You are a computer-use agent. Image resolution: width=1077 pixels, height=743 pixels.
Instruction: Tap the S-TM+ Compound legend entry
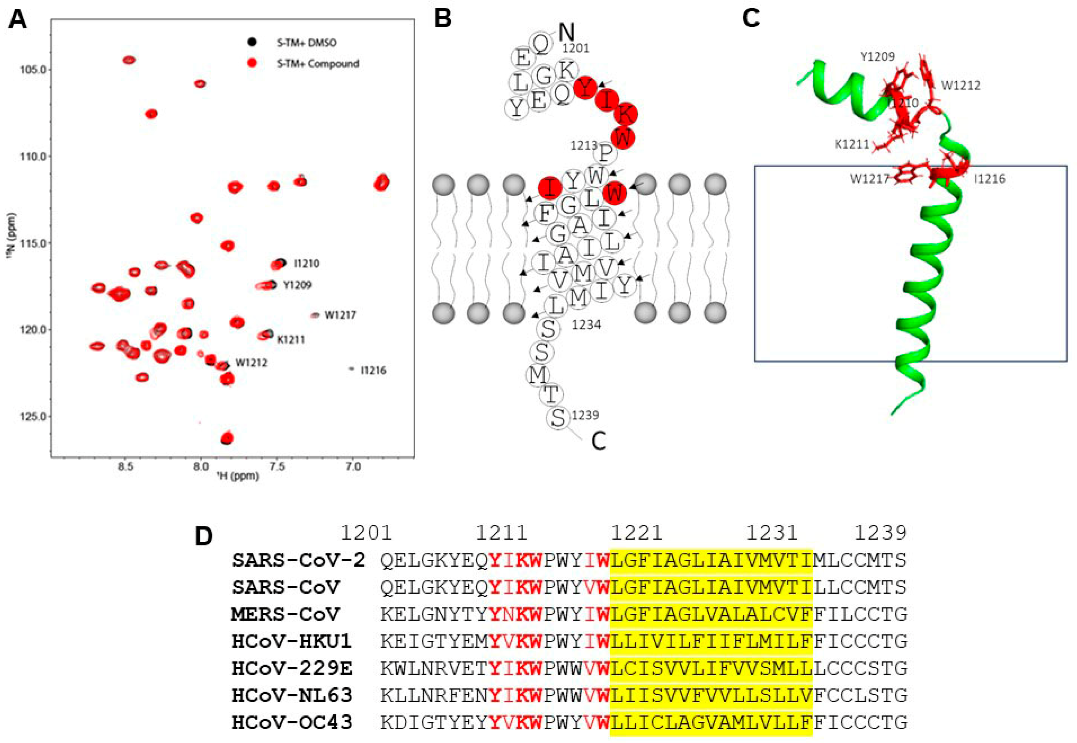317,63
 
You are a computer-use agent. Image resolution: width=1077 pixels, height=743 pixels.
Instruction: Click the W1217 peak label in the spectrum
340,315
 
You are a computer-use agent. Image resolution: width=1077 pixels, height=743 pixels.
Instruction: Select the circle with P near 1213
605,153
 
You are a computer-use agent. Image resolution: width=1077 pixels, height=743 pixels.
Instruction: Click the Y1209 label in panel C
877,57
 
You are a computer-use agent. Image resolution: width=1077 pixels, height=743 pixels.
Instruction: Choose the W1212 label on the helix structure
960,86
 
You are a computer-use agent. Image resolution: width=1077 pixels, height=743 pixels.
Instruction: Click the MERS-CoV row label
285,614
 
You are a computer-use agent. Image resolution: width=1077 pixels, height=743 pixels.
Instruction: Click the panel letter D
204,536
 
